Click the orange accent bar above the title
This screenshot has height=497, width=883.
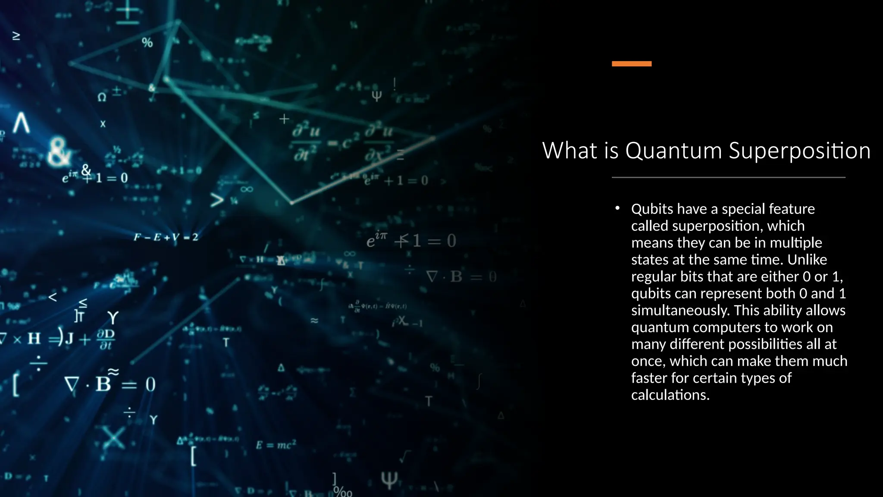tap(632, 64)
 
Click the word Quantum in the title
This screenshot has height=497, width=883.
tap(673, 151)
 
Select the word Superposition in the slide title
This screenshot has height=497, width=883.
tap(799, 151)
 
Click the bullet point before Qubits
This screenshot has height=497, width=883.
tap(617, 208)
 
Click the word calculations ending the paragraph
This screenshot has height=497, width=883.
tap(670, 395)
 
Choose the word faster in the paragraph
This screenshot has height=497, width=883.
tap(649, 378)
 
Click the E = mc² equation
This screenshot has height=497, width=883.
tap(276, 445)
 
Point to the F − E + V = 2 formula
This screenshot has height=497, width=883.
tap(166, 237)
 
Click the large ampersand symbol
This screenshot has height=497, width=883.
tap(59, 152)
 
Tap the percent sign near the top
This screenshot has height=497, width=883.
tap(147, 43)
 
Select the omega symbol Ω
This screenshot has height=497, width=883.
tap(102, 98)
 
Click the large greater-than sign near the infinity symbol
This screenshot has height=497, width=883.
tap(217, 200)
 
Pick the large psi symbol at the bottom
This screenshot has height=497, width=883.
tap(389, 480)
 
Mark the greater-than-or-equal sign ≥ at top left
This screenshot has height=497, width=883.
tap(16, 36)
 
